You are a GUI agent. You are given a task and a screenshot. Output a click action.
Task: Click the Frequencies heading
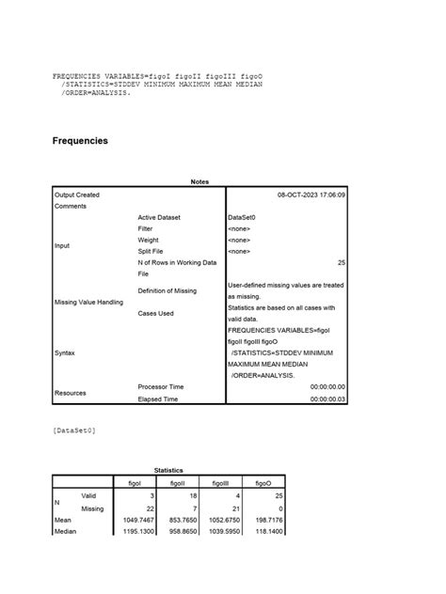pyautogui.click(x=80, y=141)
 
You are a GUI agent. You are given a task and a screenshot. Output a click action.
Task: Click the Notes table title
pyautogui.click(x=199, y=182)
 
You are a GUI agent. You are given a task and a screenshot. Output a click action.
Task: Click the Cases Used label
pyautogui.click(x=155, y=313)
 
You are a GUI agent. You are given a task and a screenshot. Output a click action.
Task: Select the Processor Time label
pyautogui.click(x=161, y=386)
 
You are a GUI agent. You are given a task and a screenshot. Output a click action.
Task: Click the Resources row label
pyautogui.click(x=72, y=392)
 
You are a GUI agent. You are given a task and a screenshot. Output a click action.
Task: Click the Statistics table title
pyautogui.click(x=168, y=470)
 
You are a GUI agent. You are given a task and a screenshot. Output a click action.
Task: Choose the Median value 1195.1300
pyautogui.click(x=138, y=530)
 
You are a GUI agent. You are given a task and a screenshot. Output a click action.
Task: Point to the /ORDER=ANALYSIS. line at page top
pyautogui.click(x=91, y=94)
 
